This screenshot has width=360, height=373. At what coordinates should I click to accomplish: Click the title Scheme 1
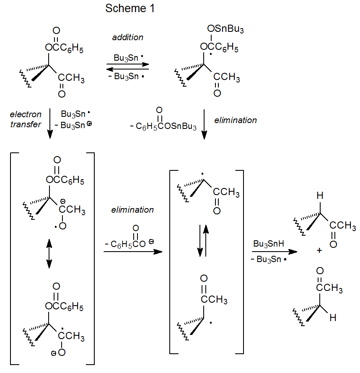pyautogui.click(x=130, y=8)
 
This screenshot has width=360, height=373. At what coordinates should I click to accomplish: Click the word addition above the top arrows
pyautogui.click(x=128, y=37)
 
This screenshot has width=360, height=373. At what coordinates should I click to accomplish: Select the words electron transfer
pyautogui.click(x=26, y=119)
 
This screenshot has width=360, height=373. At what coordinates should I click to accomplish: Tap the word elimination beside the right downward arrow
pyautogui.click(x=236, y=120)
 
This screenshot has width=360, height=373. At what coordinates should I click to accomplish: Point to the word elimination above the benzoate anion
pyautogui.click(x=132, y=210)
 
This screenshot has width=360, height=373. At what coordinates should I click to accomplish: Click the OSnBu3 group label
pyautogui.click(x=225, y=29)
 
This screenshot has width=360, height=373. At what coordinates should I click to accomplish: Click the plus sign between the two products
pyautogui.click(x=319, y=250)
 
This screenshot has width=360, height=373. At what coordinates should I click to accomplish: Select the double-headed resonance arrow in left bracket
pyautogui.click(x=49, y=253)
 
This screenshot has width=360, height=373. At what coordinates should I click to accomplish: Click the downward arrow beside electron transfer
pyautogui.click(x=49, y=123)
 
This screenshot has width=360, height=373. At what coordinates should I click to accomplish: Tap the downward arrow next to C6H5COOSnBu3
pyautogui.click(x=204, y=124)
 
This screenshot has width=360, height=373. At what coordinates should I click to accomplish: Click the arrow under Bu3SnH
pyautogui.click(x=274, y=252)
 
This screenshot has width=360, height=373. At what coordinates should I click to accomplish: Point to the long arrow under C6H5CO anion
pyautogui.click(x=132, y=252)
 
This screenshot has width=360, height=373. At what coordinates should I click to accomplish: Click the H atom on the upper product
pyautogui.click(x=320, y=196)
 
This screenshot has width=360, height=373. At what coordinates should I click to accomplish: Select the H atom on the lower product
pyautogui.click(x=333, y=318)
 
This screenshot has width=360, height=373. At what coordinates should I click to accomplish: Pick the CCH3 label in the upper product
pyautogui.click(x=343, y=226)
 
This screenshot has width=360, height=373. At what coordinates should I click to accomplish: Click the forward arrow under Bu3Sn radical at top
pyautogui.click(x=128, y=64)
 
